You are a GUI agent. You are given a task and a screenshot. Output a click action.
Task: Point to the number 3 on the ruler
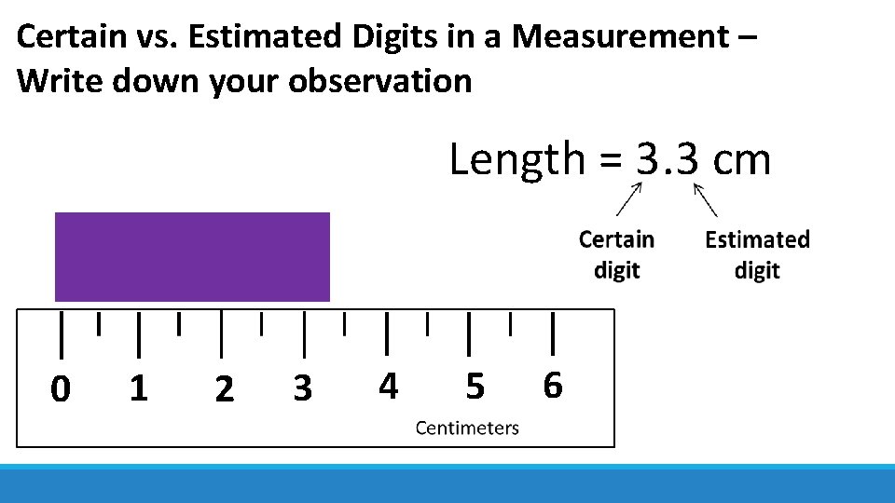coord(302,387)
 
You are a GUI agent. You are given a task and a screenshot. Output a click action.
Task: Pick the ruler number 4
coord(389,385)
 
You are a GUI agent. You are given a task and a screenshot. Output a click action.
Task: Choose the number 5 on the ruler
coord(475,385)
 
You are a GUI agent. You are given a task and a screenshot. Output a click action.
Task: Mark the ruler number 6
coord(553,384)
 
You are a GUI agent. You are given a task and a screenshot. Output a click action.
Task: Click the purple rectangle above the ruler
coord(192,257)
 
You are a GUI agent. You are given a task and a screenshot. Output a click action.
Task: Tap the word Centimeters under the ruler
coord(467,428)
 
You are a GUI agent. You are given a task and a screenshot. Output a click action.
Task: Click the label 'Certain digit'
coord(616,254)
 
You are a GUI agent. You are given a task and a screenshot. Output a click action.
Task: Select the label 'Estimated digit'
coord(757,254)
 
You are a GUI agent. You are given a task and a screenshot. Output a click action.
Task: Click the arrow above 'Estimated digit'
coord(705,198)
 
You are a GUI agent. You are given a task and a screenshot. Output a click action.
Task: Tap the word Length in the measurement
coord(516,159)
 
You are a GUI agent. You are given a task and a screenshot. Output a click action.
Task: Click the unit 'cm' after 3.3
coord(741,159)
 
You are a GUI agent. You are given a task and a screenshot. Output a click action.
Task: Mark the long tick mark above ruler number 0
coord(62,334)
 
